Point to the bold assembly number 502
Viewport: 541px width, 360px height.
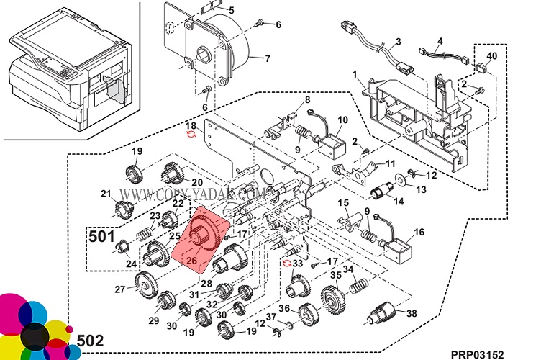(x=90, y=341)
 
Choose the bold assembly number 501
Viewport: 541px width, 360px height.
(x=102, y=236)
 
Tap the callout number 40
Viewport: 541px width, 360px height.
(x=492, y=55)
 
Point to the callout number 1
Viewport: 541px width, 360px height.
(x=355, y=74)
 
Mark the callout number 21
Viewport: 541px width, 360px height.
(x=106, y=194)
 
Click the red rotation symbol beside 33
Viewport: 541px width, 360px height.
(x=287, y=264)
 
